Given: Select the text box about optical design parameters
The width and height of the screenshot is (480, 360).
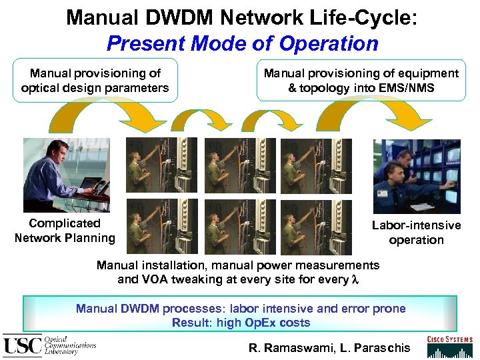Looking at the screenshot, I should click(95, 81).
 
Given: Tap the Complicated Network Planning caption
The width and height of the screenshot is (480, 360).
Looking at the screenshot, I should click(65, 231).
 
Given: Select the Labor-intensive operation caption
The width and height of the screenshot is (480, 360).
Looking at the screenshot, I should click(416, 233).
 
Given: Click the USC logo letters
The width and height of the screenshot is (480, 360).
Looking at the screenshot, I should click(23, 345).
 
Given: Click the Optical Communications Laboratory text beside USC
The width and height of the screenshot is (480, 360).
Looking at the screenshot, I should click(69, 345).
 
